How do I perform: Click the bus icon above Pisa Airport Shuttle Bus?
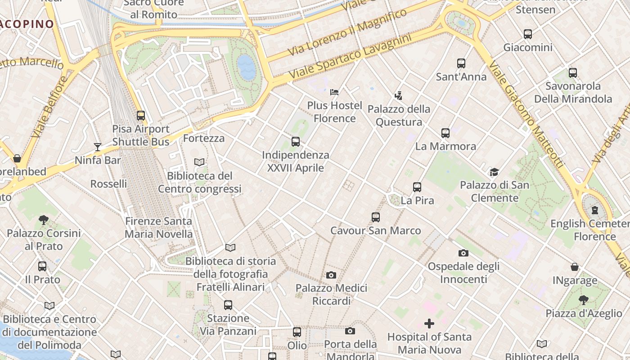pos(141,116)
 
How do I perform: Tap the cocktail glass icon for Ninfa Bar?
pos(97,147)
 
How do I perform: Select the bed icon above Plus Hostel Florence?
pos(334,92)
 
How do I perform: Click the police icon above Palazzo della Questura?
pos(398,95)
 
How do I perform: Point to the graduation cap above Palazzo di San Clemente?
pos(494,172)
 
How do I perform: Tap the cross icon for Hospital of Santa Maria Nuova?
pos(429,324)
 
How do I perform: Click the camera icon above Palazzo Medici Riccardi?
pos(331,275)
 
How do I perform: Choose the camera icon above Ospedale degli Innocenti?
pos(463,253)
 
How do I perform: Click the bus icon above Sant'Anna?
pos(461,63)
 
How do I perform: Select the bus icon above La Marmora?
pos(445,133)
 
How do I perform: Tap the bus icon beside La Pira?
pos(417,187)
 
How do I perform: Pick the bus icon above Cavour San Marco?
pos(376,217)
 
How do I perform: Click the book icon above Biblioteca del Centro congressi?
pos(199,162)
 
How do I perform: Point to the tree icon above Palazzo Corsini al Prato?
pos(44,220)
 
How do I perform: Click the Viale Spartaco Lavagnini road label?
pos(350,56)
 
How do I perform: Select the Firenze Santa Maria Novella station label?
pos(158,228)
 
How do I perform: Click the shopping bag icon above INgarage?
pos(575,267)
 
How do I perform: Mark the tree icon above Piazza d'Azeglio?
pos(584,300)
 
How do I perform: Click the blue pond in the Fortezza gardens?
pos(247,67)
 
